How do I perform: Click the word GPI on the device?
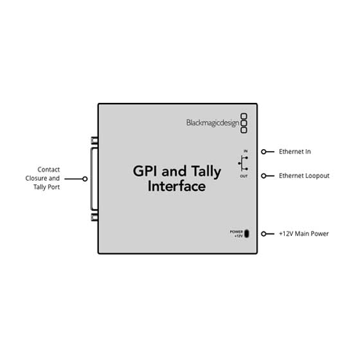(145, 172)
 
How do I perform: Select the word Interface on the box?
(177, 187)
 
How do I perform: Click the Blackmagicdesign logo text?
(212, 123)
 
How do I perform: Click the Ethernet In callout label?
(295, 152)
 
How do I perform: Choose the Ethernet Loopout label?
(303, 175)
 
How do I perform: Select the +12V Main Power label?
(304, 233)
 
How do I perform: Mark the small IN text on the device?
(245, 151)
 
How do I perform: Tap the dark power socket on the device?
(247, 233)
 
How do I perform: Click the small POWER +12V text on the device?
(237, 233)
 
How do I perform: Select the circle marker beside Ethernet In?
(264, 152)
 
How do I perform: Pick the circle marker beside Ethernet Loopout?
(264, 175)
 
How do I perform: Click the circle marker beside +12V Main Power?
(264, 233)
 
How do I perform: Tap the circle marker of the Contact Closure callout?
(85, 179)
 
